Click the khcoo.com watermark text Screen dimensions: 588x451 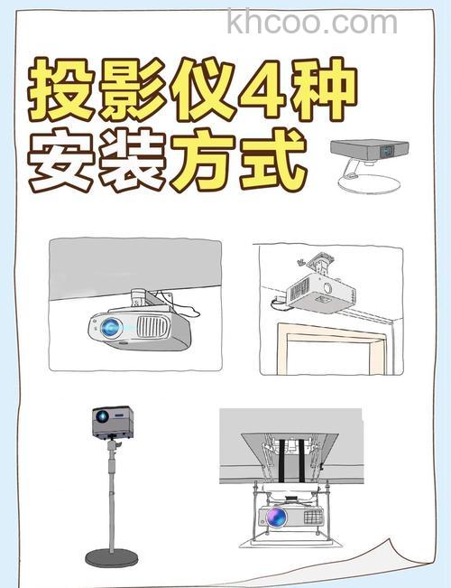(312, 22)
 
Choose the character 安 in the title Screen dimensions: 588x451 (61, 163)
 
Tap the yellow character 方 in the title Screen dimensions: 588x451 (206, 163)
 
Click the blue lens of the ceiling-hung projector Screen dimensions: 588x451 (111, 328)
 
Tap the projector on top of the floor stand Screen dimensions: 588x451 (112, 420)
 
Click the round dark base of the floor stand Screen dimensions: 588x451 (112, 557)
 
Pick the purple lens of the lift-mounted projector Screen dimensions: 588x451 (274, 518)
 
